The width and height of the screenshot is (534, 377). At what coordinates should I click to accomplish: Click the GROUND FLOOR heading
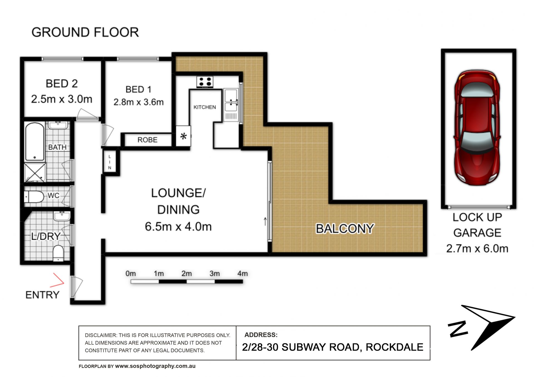point(85,32)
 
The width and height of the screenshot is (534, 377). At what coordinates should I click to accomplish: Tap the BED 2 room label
point(62,84)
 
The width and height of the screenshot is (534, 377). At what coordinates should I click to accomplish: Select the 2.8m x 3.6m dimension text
point(139,102)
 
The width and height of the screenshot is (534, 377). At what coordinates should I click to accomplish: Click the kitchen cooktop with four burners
point(205,82)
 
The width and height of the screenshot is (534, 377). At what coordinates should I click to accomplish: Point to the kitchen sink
point(231,100)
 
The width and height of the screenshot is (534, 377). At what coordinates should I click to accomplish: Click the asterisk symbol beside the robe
point(183,136)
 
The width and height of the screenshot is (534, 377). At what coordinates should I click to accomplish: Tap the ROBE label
point(147,140)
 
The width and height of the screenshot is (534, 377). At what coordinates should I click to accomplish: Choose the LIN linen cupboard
point(110,162)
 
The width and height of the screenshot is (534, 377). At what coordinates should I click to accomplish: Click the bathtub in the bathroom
point(35,142)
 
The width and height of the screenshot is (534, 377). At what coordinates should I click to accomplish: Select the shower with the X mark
point(35,173)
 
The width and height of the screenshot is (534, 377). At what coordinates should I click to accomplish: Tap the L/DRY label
point(46,236)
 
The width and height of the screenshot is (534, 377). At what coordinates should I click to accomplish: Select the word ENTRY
point(43,295)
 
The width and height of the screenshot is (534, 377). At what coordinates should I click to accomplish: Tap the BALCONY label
point(345,229)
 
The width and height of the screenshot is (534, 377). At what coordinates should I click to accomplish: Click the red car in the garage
point(477,127)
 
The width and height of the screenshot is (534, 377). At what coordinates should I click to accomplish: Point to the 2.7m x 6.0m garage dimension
point(477,248)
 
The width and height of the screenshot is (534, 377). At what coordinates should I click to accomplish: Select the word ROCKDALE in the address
point(394,347)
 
